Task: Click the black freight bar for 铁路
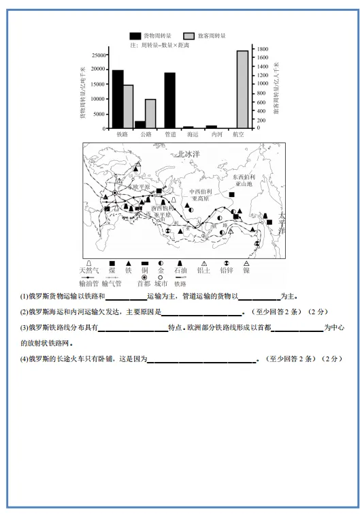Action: (x=118, y=99)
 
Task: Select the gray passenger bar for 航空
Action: (x=242, y=89)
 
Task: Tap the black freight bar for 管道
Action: (x=169, y=100)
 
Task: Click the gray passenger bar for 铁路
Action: (x=128, y=106)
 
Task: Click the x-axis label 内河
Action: (x=216, y=134)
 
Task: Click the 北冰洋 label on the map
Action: (x=189, y=155)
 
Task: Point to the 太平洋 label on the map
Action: (x=281, y=222)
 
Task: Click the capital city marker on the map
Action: (x=115, y=193)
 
